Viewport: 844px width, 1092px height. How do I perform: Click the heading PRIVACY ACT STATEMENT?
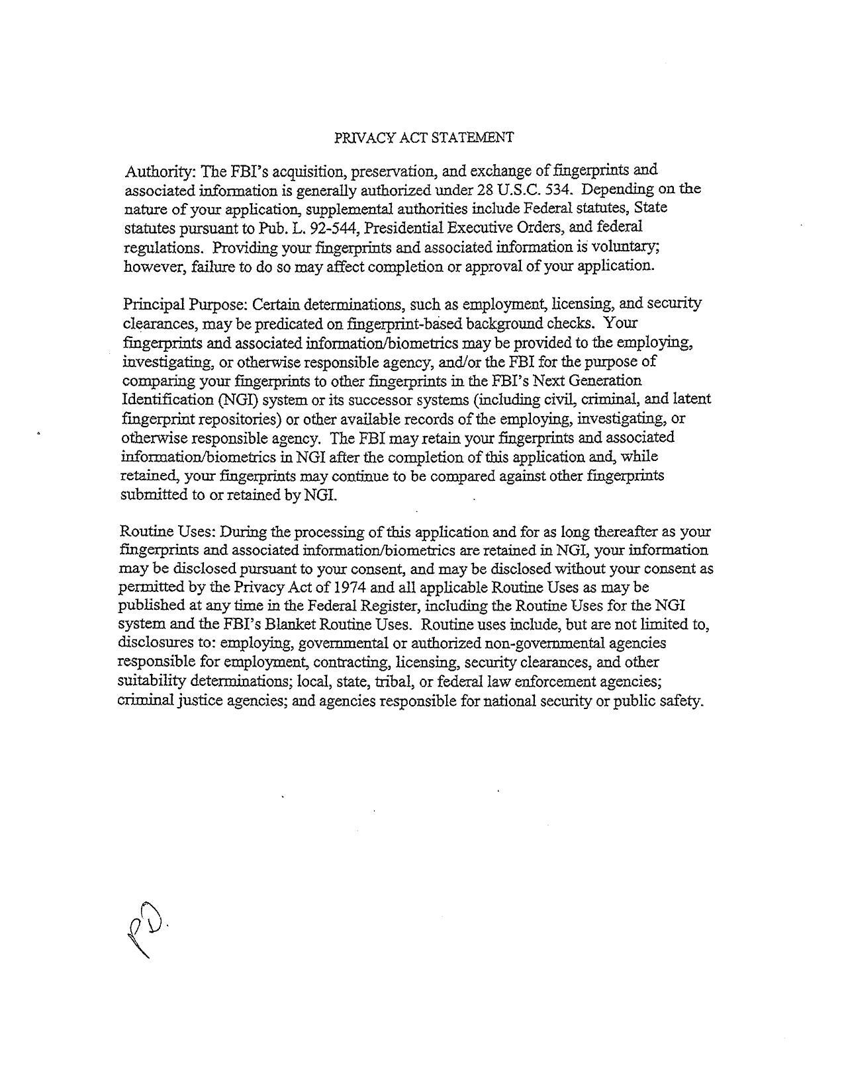424,138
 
